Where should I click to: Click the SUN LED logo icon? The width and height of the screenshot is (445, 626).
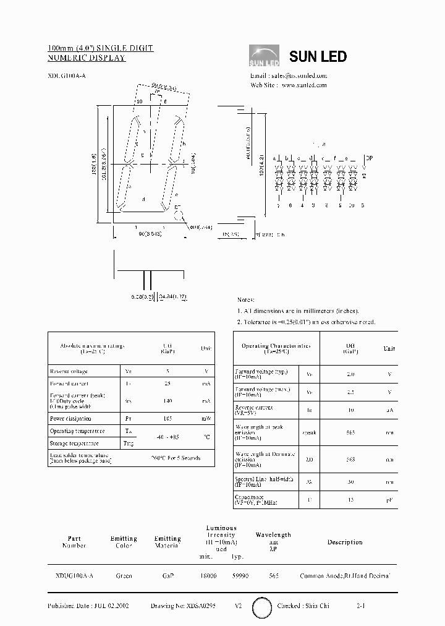point(265,56)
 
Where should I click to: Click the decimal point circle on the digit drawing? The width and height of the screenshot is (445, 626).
point(179,215)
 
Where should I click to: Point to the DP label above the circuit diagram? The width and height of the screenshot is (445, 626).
point(370,158)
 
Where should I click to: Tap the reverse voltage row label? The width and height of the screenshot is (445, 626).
point(69,371)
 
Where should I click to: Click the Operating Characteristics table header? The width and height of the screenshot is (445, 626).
point(276,349)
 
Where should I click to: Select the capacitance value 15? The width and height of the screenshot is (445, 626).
point(350,499)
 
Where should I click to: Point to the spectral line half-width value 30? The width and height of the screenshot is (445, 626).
point(350,482)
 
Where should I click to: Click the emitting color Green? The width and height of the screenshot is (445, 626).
point(124,576)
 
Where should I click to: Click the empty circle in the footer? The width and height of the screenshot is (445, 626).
point(262,607)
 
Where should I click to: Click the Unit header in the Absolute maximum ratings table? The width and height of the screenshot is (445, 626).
point(206,348)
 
